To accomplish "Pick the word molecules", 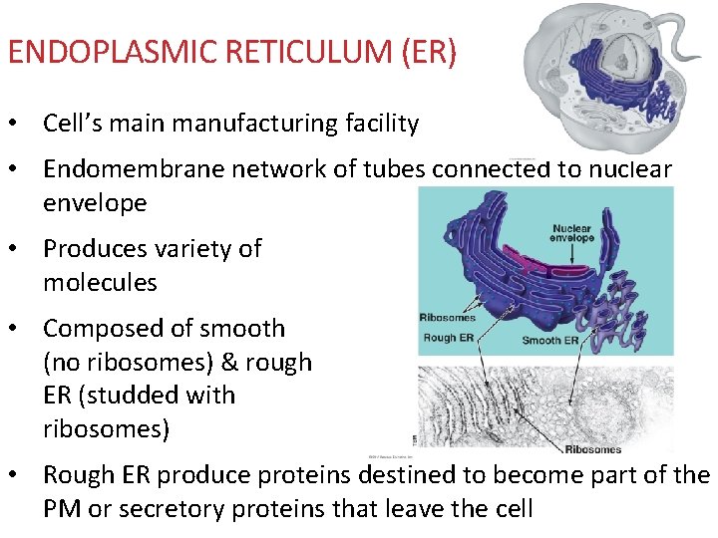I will tap(100, 282).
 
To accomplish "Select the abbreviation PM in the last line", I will tap(62, 508).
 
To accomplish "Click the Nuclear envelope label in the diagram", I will tap(572, 233).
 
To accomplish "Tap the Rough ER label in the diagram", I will tap(447, 338).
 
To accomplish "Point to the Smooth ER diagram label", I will tap(549, 341).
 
